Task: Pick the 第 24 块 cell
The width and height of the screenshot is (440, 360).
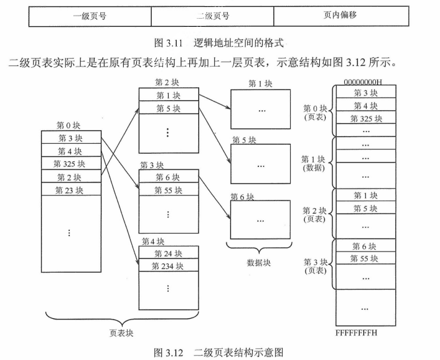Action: (169, 253)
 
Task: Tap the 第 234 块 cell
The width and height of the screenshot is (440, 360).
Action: (169, 266)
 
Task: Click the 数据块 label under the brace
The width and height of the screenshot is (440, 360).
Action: (259, 263)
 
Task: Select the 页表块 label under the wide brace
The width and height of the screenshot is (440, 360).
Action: (121, 333)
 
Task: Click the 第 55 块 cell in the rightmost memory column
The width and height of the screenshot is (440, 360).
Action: (365, 258)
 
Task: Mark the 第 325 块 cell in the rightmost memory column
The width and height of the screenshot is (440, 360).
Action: (365, 118)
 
